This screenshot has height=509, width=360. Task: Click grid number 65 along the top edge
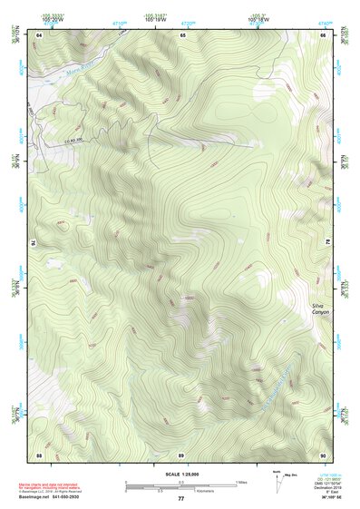183,34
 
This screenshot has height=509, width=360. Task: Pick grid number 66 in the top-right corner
324,34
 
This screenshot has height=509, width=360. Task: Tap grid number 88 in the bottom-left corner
39,454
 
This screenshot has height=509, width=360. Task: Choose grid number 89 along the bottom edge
181,454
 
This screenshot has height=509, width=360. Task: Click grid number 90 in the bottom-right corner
324,454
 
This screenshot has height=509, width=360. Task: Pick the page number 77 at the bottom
180,500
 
